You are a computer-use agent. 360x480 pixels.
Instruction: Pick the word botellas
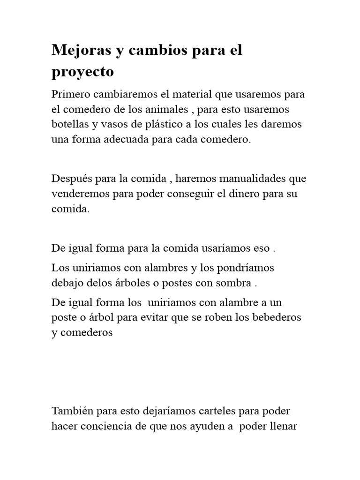[x=69, y=125]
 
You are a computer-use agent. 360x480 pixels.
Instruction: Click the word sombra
[x=236, y=284]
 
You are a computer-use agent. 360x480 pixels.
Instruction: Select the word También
[x=72, y=411]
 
